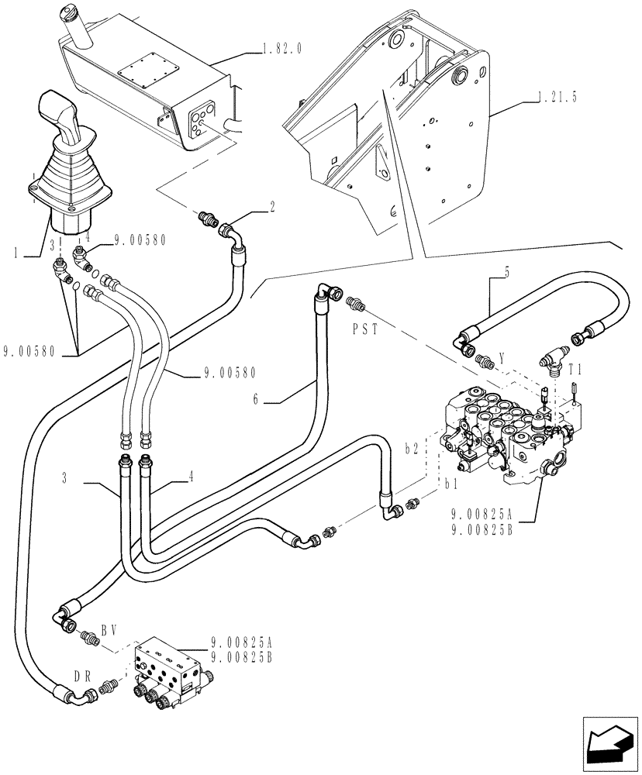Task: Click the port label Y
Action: click(503, 359)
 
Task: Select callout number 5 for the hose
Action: click(506, 272)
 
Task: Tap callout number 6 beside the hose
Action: click(257, 400)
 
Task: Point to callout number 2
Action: click(272, 206)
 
